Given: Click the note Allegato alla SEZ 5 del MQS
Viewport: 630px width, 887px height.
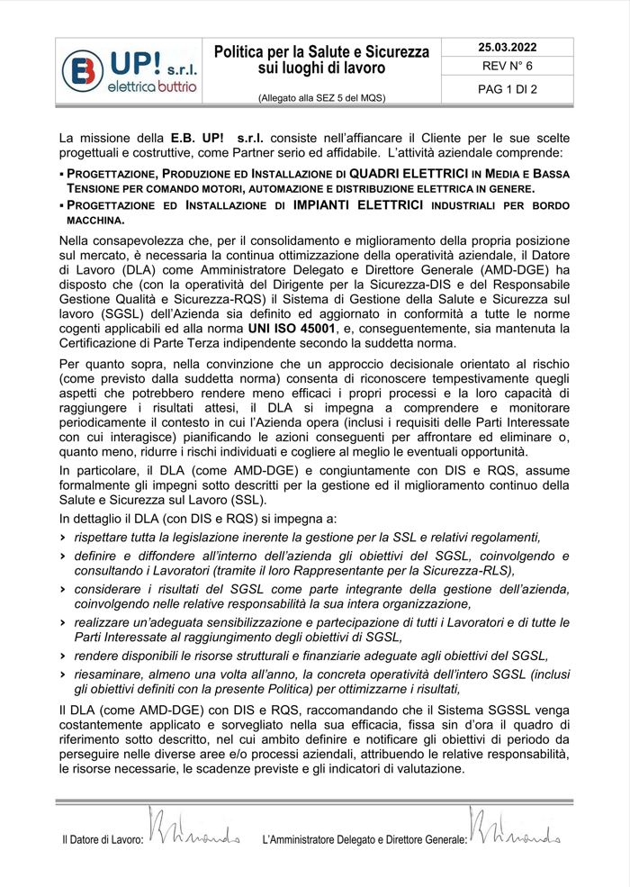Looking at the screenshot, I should pyautogui.click(x=321, y=97).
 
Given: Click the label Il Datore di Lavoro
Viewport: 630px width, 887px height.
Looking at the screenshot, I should pyautogui.click(x=103, y=839).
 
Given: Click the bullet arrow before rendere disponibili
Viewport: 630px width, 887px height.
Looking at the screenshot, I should pyautogui.click(x=64, y=656).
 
